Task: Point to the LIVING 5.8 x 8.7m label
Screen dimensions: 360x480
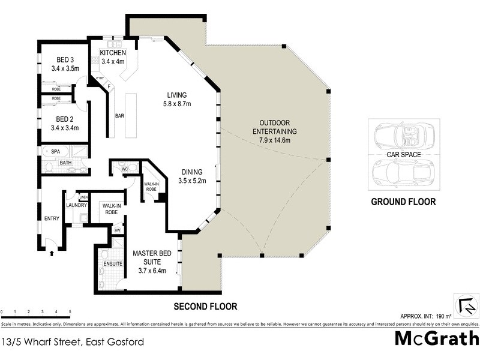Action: point(177,100)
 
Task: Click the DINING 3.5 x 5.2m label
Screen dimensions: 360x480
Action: point(193,176)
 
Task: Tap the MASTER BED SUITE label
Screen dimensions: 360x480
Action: point(152,258)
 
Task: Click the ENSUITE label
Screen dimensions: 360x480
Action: point(113,264)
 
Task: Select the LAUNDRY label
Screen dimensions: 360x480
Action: point(77,205)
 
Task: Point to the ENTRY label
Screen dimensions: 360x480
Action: point(52,218)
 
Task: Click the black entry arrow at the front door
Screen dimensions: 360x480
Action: point(52,253)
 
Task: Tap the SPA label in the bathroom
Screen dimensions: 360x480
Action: point(55,152)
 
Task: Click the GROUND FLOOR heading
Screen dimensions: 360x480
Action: point(403,202)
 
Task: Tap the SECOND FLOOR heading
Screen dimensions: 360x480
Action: point(205,307)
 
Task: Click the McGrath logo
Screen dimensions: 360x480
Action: point(436,338)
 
